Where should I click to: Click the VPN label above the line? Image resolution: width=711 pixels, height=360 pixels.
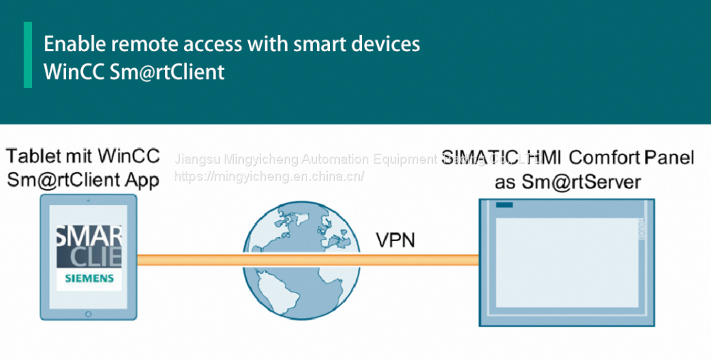coord(395,240)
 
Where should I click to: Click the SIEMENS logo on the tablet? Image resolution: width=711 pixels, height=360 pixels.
coord(90,278)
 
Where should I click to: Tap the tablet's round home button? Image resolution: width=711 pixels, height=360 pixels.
coord(88,313)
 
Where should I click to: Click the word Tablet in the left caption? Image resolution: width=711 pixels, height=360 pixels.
coord(34,156)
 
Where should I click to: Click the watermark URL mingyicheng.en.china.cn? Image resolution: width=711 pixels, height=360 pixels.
coord(269,176)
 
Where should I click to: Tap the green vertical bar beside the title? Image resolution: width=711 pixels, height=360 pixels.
coord(28,55)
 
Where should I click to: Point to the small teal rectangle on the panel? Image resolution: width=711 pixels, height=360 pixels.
coord(504,206)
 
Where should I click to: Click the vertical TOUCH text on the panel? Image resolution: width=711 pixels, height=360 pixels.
coord(639,231)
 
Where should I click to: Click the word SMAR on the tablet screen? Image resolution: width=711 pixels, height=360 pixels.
coord(90,235)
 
